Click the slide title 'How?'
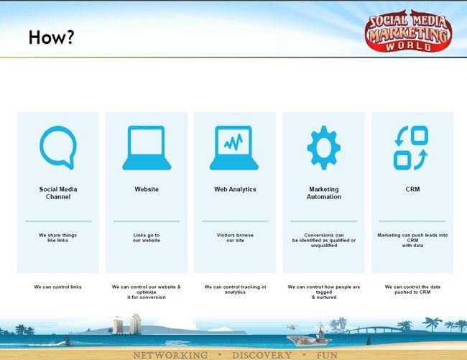(51, 37)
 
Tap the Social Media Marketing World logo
(408, 31)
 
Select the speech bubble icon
(58, 147)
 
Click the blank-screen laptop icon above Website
(147, 148)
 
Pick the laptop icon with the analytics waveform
(234, 148)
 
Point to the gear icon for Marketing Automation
(324, 148)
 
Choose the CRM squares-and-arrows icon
(411, 148)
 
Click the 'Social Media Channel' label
(58, 193)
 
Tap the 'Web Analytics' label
(235, 190)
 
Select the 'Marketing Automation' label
(324, 193)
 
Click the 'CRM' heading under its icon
(412, 190)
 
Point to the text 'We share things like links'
(57, 238)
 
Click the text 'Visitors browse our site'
(235, 238)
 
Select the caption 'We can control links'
(57, 287)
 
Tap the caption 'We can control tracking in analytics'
(235, 290)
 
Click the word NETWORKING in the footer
(170, 355)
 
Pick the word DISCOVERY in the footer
(262, 355)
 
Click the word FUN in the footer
(327, 355)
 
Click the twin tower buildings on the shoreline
(127, 324)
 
